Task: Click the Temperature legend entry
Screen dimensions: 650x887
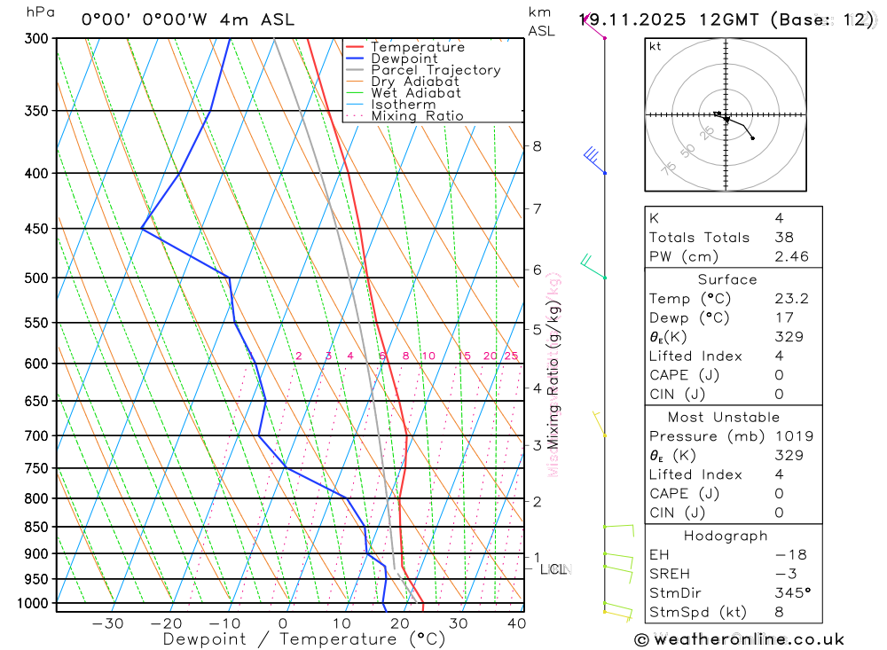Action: click(x=417, y=47)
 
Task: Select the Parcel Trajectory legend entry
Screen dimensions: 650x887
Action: click(x=435, y=70)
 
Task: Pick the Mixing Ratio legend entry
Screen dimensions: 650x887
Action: click(x=417, y=116)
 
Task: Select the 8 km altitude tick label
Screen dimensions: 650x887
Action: click(x=537, y=145)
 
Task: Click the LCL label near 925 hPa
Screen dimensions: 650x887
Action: click(x=553, y=569)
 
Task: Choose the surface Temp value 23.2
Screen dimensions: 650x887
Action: click(x=791, y=299)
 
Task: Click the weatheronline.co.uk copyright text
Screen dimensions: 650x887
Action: click(x=740, y=639)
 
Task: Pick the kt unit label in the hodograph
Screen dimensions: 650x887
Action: click(x=655, y=46)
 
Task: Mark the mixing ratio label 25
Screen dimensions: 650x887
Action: click(x=511, y=356)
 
